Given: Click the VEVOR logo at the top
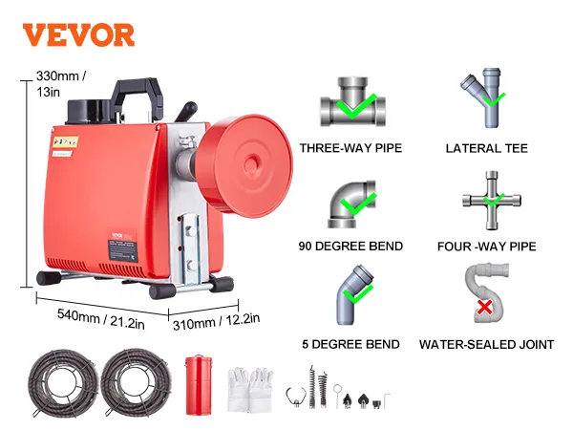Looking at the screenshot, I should point(78,35).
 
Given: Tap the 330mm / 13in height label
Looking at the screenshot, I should point(56,83).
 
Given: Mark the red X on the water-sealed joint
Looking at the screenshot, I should point(484,308).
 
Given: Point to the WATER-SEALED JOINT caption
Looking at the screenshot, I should point(486,344).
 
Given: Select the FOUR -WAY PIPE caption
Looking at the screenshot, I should point(486,247).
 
